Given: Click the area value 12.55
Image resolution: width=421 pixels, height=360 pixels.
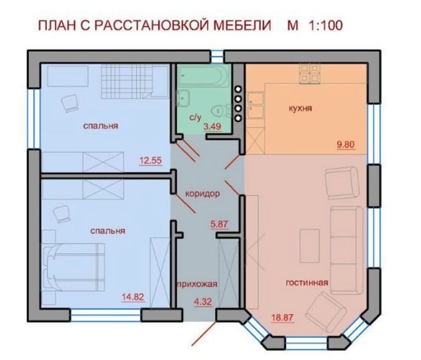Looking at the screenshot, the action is click(150, 161).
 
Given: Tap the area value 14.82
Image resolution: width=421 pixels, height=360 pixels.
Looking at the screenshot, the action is click(133, 297).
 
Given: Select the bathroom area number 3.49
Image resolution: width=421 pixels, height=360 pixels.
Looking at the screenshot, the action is click(212, 127).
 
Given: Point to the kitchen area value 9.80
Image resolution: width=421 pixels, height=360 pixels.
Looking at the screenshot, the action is click(346, 144).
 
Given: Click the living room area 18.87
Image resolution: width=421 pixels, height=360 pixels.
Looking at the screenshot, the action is click(282, 318).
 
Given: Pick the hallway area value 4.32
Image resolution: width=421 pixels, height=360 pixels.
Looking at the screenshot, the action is click(203, 302).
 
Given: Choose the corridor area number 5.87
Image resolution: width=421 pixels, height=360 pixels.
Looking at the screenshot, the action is click(219, 223).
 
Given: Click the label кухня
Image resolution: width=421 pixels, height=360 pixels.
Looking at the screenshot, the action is click(300, 108).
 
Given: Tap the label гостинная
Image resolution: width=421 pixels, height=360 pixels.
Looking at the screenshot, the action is click(307, 283).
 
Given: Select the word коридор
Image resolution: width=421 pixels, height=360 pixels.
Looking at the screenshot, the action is click(203, 193).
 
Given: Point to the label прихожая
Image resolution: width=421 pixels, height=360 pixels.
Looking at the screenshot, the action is click(198, 284).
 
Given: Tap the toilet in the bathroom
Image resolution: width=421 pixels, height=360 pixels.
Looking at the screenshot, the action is click(220, 110).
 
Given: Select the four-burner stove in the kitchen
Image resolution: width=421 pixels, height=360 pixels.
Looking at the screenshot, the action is click(310, 73).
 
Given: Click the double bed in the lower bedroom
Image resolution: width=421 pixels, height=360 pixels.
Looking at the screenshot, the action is click(73, 267).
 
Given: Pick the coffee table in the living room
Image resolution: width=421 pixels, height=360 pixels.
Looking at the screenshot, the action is click(310, 246).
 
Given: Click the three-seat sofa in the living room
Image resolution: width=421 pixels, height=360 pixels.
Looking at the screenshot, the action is click(347, 251).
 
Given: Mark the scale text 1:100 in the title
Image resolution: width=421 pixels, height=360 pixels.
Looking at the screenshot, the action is click(326, 26).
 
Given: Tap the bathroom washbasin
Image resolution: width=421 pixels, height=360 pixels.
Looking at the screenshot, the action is click(183, 99).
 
